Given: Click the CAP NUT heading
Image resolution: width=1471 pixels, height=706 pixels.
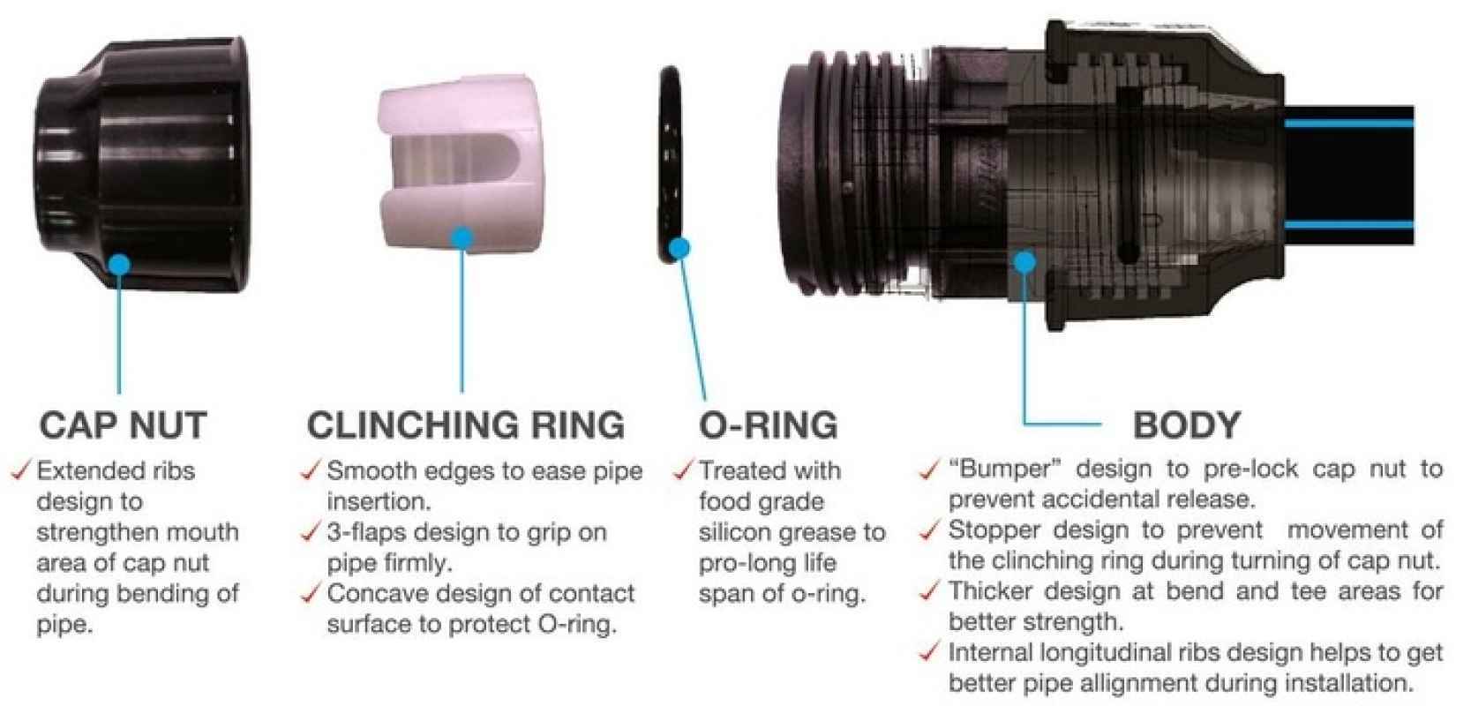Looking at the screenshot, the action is pyautogui.click(x=124, y=424).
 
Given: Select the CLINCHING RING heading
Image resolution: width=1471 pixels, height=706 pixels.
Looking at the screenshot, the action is pyautogui.click(x=466, y=424).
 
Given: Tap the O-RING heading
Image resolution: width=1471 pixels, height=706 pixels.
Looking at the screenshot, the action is pyautogui.click(x=769, y=424).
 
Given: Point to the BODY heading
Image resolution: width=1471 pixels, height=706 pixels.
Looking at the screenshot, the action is pyautogui.click(x=1187, y=424).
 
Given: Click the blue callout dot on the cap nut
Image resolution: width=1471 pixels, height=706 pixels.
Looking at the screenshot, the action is pyautogui.click(x=119, y=265).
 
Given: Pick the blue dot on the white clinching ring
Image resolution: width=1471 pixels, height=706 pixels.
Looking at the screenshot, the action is pyautogui.click(x=462, y=238).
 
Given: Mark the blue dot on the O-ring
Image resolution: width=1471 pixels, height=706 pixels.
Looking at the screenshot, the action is pyautogui.click(x=679, y=248).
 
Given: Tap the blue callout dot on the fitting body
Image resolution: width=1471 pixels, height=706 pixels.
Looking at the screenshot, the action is pyautogui.click(x=1024, y=262).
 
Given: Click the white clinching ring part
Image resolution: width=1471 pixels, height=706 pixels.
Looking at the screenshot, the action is pyautogui.click(x=461, y=163).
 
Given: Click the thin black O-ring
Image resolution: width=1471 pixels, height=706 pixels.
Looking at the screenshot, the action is pyautogui.click(x=671, y=164).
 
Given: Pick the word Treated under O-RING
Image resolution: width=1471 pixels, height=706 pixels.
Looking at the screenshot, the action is pyautogui.click(x=739, y=470).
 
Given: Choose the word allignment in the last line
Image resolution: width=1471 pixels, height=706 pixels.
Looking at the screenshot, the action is pyautogui.click(x=1140, y=684).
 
